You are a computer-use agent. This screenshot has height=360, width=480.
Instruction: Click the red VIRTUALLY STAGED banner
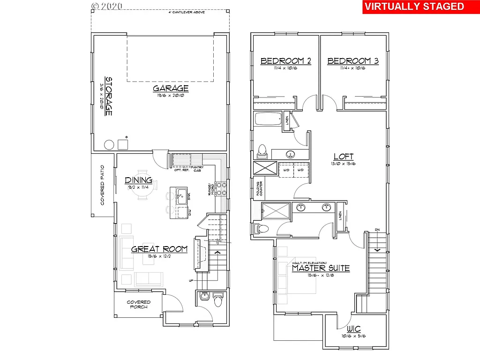414,7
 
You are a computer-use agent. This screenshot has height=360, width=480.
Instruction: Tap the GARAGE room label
171,88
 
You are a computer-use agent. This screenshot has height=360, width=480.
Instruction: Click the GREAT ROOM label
159,249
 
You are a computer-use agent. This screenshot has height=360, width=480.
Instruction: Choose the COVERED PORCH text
138,305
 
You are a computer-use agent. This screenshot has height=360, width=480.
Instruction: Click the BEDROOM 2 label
286,61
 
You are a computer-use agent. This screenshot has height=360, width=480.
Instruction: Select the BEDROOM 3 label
353,61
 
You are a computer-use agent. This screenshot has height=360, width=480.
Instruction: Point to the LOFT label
343,157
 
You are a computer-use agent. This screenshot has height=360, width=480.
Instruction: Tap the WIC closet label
354,329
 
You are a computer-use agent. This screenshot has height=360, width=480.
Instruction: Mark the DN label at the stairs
377,230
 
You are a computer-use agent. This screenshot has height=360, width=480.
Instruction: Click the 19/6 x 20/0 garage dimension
171,95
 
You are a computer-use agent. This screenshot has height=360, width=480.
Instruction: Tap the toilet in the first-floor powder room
217,299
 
